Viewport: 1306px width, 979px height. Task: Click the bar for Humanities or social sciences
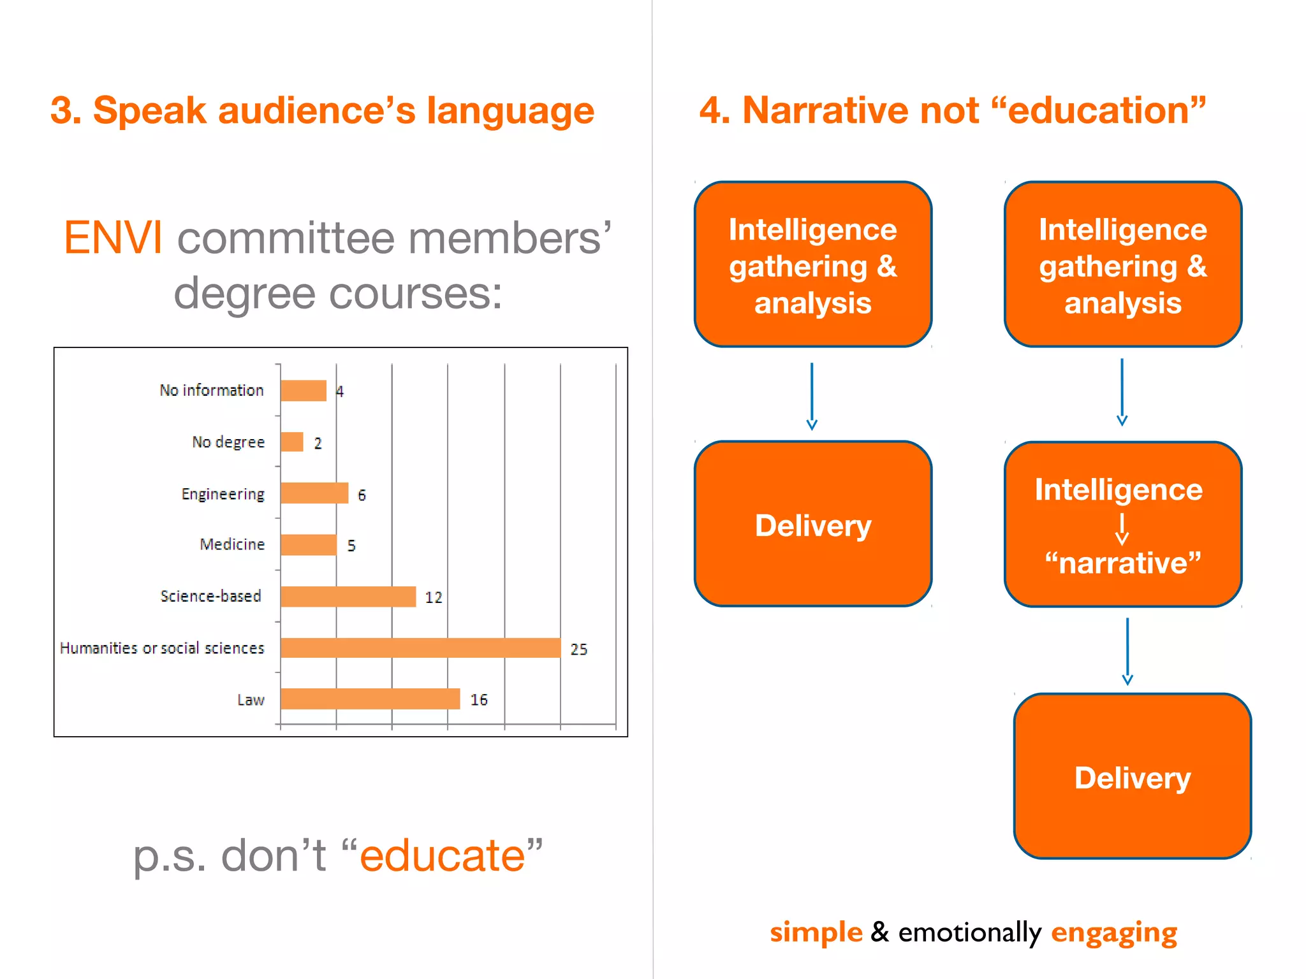tap(420, 648)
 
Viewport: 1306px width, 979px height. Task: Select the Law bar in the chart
tap(370, 699)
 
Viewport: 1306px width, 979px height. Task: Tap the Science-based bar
tap(348, 597)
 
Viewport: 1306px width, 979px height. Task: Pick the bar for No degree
tap(292, 442)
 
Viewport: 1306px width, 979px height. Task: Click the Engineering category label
tap(223, 494)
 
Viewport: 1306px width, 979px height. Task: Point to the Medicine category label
tap(232, 544)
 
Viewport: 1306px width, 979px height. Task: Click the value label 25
tap(578, 649)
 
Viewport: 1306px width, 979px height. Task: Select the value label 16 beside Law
tap(479, 700)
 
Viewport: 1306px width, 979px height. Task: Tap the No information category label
tap(212, 390)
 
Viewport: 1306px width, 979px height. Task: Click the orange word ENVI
tap(113, 238)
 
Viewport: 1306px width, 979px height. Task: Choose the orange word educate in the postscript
tap(443, 855)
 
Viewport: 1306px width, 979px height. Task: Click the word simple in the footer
tap(816, 932)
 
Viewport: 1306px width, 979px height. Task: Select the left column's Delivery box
tap(813, 524)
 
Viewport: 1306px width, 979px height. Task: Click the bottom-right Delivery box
tap(1133, 776)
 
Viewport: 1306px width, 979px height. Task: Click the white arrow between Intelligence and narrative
tap(1122, 528)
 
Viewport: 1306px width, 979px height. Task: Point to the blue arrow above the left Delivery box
tap(812, 396)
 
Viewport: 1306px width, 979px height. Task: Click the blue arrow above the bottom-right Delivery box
tap(1127, 651)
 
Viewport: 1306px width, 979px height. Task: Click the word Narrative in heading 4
tap(860, 110)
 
